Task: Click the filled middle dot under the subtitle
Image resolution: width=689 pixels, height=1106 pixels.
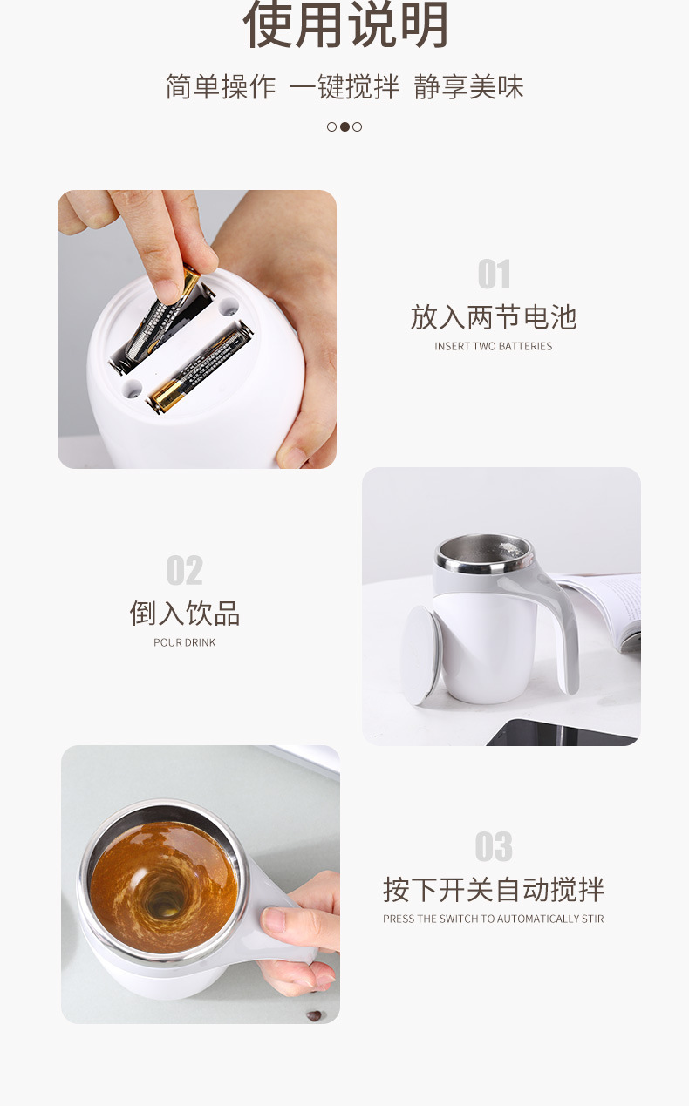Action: tap(344, 126)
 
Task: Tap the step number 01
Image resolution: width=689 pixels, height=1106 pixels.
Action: tap(494, 275)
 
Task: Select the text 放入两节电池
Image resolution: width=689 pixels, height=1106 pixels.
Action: tap(494, 316)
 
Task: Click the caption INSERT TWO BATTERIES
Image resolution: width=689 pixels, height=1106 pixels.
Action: tap(494, 346)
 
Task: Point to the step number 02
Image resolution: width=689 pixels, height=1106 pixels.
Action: tap(184, 571)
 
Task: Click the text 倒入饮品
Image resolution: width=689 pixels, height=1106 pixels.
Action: tap(184, 613)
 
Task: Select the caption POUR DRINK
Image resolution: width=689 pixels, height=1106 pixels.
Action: tap(184, 642)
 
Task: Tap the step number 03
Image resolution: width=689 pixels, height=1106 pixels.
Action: tap(494, 846)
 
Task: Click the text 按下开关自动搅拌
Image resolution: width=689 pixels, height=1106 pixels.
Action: tap(494, 889)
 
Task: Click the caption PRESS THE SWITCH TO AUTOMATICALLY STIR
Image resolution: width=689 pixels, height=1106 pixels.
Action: tap(494, 919)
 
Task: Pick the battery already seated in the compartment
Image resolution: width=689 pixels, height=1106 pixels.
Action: tap(201, 366)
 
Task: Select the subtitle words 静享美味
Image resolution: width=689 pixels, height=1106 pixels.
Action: tap(469, 87)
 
